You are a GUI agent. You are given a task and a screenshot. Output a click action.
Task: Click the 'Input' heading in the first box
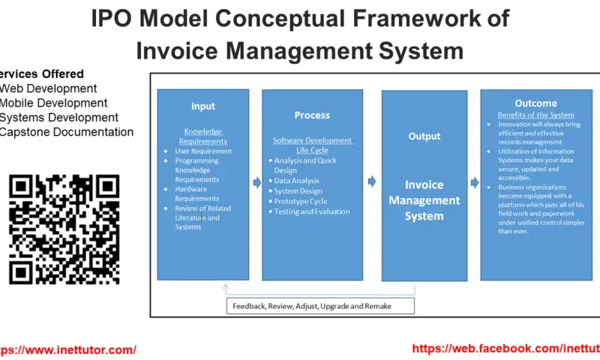pyautogui.click(x=202, y=106)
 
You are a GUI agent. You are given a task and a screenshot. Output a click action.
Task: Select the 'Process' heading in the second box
pyautogui.click(x=311, y=115)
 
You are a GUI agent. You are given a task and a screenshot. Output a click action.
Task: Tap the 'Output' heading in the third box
pyautogui.click(x=424, y=136)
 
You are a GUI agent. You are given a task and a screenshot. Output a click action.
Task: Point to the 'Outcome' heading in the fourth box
pyautogui.click(x=535, y=103)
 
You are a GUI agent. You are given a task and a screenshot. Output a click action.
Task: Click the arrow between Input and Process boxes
pyautogui.click(x=255, y=181)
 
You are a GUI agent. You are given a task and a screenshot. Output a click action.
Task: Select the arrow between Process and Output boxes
pyautogui.click(x=372, y=181)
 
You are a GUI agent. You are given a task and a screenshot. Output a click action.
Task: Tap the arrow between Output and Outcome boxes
pyautogui.click(x=474, y=182)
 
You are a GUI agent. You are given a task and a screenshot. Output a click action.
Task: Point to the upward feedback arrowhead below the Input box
pyautogui.click(x=224, y=287)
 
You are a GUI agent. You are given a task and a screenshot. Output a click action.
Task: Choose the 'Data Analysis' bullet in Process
pyautogui.click(x=296, y=181)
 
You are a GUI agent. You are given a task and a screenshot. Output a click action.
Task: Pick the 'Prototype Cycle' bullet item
pyautogui.click(x=301, y=201)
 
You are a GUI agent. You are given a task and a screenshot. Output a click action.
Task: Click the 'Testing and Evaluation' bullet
pyautogui.click(x=311, y=211)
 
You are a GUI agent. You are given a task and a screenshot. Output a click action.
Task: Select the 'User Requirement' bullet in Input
pyautogui.click(x=203, y=151)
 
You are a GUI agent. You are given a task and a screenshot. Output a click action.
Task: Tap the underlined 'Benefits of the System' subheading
pyautogui.click(x=535, y=115)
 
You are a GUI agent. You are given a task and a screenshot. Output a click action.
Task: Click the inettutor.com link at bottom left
pyautogui.click(x=67, y=349)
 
